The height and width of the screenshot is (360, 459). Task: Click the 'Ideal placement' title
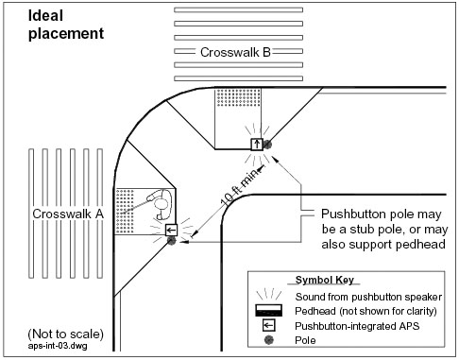click(66, 25)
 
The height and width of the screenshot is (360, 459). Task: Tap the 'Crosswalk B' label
click(235, 52)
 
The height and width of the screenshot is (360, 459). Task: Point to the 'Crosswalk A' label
click(68, 214)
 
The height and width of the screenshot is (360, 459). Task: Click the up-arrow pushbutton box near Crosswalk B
click(257, 145)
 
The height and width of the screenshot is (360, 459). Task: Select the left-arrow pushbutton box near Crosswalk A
click(171, 230)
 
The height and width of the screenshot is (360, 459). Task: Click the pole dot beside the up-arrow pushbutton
click(267, 145)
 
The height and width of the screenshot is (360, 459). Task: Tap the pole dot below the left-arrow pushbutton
click(171, 241)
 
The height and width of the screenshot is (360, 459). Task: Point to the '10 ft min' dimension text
click(241, 186)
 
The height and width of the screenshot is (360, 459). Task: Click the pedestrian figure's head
click(161, 204)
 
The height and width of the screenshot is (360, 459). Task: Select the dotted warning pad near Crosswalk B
click(238, 97)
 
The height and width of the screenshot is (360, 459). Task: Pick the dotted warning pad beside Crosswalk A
click(125, 211)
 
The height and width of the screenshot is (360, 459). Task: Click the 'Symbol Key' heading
click(324, 280)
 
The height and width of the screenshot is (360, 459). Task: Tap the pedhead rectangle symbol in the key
click(268, 310)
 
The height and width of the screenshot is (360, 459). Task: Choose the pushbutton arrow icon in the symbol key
click(268, 325)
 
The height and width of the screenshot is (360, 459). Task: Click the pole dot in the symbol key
click(268, 340)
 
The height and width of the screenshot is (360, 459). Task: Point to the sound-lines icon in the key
click(268, 294)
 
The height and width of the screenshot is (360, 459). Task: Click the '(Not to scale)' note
click(65, 334)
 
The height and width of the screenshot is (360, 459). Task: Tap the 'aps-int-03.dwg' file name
click(58, 346)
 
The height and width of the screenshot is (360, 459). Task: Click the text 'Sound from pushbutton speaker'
click(368, 297)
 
